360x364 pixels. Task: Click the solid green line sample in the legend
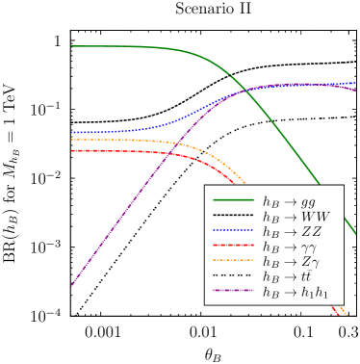click(233, 202)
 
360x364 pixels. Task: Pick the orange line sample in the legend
click(233, 260)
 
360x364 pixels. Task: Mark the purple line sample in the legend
click(233, 289)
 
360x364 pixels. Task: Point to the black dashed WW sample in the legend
click(233, 217)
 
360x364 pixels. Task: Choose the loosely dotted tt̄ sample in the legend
click(233, 274)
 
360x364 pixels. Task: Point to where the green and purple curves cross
click(246, 90)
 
